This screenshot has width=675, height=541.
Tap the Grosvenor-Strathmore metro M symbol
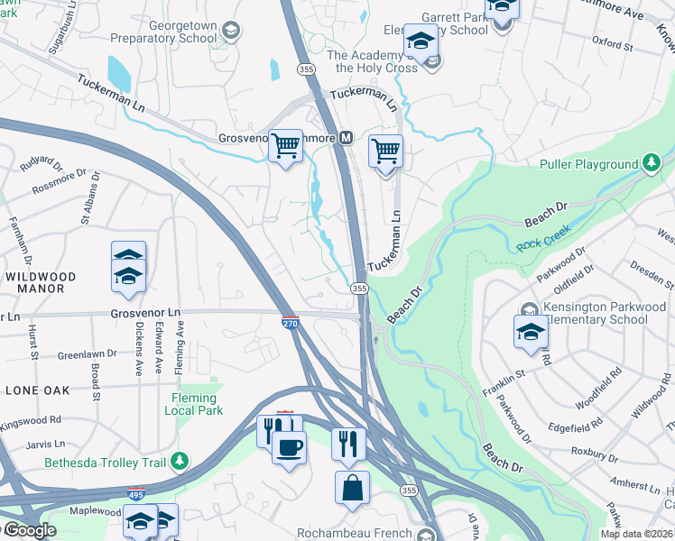point(345,139)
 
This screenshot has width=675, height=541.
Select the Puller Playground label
point(588,165)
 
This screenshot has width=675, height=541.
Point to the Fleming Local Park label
point(193,404)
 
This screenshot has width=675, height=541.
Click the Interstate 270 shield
point(290,323)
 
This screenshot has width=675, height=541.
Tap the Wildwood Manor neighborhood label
point(34,282)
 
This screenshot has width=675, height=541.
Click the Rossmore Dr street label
point(59,177)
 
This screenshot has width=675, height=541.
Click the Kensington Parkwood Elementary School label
point(598,313)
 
